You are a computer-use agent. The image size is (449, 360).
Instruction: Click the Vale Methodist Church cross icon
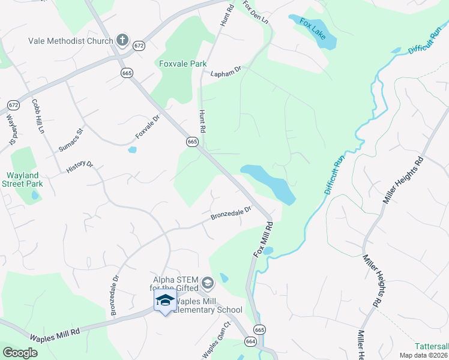coord(122,41)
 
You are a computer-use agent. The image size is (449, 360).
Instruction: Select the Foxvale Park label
coord(182,64)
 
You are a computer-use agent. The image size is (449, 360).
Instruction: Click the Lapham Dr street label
coord(225,73)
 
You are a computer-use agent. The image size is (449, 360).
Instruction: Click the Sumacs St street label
coord(70,139)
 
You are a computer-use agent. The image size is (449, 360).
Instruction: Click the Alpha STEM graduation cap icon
coord(207,282)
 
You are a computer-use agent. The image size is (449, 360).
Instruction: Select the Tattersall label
coord(432,346)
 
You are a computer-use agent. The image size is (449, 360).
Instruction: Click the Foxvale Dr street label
coord(147,127)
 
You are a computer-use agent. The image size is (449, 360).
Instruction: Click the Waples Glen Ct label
coord(216,341)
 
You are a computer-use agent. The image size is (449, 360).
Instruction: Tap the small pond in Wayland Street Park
coord(35,196)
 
